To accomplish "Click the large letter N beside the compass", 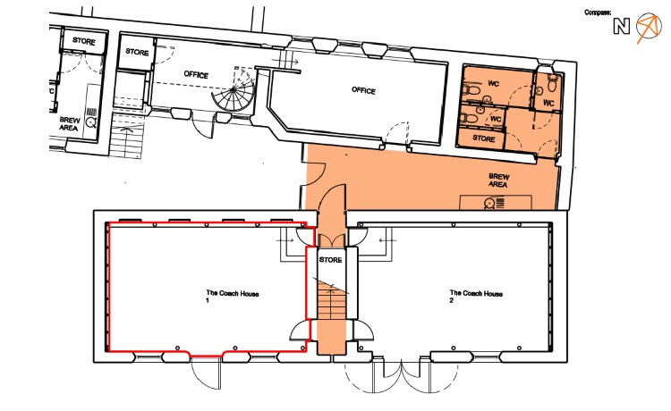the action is pos(622,27).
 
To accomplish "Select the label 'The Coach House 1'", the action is pos(233,297).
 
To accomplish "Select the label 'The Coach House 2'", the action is pos(476,297).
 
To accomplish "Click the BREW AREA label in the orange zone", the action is pos(498,180).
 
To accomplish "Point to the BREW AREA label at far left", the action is pos(69,124).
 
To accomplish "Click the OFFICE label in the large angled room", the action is pos(363,90).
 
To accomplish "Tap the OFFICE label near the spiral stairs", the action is pos(196,74).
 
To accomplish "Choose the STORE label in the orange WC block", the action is pos(483,138).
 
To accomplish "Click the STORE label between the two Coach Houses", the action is pos(330,260).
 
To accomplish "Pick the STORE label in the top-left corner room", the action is pos(84,41).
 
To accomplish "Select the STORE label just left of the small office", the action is pos(137,52).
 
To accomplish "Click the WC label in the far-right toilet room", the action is pos(548,103).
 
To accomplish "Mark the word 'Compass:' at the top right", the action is pos(598,13).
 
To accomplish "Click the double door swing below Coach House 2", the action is pos(401,376).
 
